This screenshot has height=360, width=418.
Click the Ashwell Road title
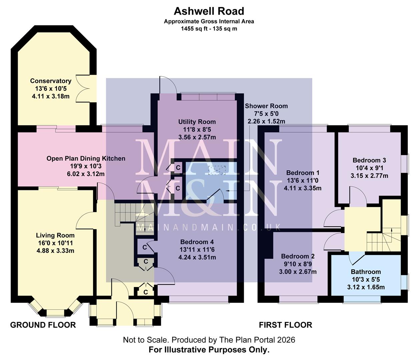209,11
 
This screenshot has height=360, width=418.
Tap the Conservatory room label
50,81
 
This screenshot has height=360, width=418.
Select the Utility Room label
197,122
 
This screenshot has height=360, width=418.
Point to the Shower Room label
266,106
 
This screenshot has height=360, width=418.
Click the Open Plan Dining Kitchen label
86,159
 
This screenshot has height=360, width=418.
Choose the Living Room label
55,236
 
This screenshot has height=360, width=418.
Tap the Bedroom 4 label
197,242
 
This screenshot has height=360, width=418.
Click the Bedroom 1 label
303,173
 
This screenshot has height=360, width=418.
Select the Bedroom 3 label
369,160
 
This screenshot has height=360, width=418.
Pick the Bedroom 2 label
298,256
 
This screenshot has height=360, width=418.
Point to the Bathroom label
366,272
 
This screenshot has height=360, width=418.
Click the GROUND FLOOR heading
43,325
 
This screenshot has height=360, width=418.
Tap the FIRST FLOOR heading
286,325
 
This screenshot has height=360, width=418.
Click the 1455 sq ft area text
209,29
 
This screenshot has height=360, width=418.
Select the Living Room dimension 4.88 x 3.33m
55,250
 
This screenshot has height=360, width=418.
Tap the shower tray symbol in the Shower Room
217,170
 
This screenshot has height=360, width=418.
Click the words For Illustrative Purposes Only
209,350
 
